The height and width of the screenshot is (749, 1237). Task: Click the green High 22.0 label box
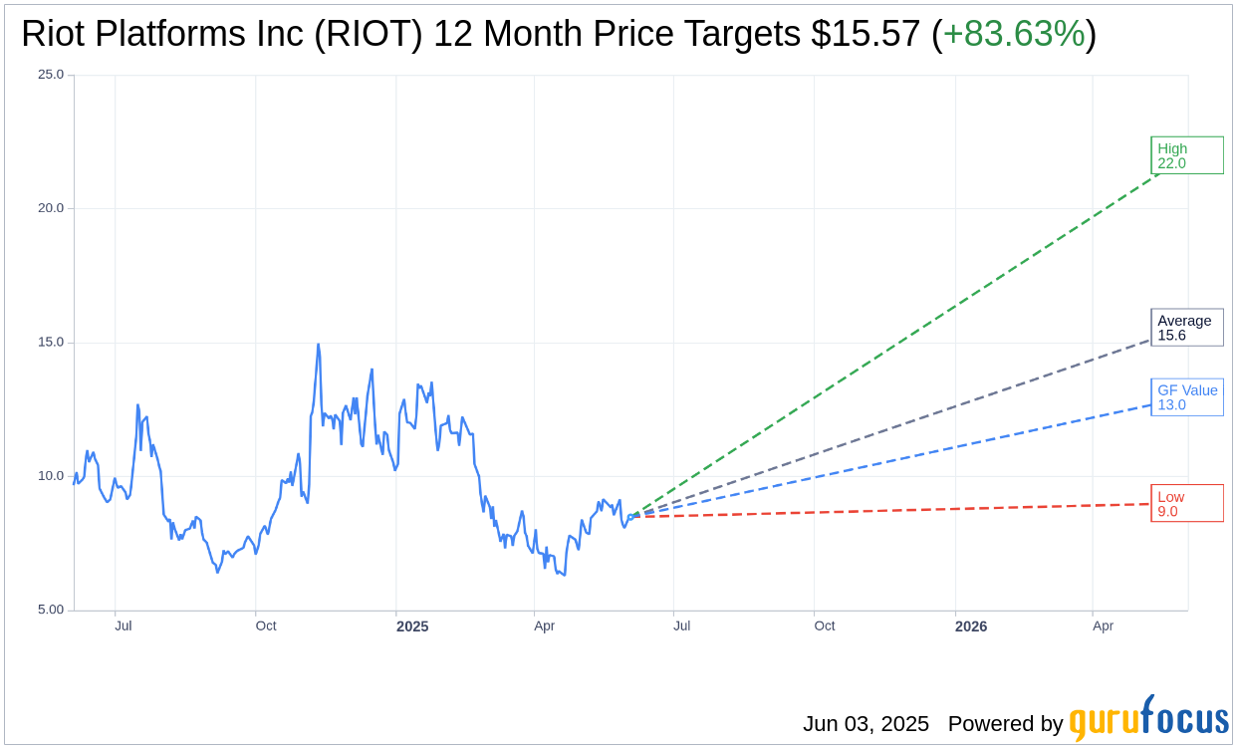[1186, 155]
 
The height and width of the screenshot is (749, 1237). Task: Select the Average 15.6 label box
[1186, 328]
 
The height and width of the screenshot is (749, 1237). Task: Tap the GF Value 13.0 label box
[1186, 397]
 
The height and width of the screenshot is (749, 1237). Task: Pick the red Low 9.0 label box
[1186, 504]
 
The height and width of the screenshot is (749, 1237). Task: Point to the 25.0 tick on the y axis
[51, 75]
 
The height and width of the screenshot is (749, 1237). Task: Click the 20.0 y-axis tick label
[51, 208]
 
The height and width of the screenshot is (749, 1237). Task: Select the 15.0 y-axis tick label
[51, 343]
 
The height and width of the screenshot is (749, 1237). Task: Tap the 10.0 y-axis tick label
[51, 476]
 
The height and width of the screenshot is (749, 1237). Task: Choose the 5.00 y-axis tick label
[51, 610]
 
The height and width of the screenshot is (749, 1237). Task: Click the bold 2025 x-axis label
[412, 626]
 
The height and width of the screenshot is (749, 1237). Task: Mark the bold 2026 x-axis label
[971, 626]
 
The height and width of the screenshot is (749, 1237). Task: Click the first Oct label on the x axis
[266, 626]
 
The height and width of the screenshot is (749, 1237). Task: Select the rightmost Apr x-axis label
[1103, 626]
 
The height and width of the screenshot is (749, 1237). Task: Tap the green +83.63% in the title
[1014, 34]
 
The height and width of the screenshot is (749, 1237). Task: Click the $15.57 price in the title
[866, 34]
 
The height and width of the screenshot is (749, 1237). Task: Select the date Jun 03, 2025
[866, 724]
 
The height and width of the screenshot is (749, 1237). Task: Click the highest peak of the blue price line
[318, 345]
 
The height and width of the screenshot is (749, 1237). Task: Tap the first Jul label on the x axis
[124, 626]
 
